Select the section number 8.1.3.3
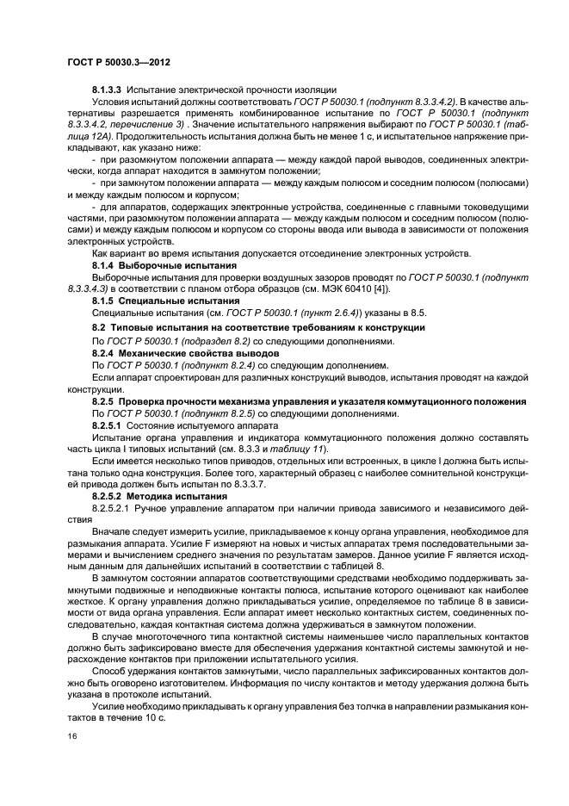click(x=109, y=90)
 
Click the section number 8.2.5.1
click(x=109, y=425)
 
